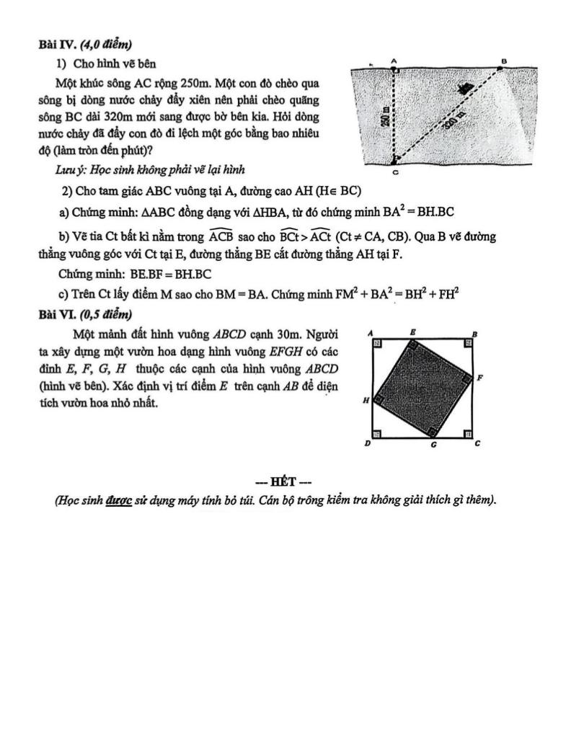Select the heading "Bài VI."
54,314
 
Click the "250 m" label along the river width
387,115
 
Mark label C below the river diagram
395,173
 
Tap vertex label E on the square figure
412,332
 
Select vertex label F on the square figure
479,376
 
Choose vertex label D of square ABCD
368,445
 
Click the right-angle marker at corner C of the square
467,434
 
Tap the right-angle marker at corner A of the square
377,344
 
